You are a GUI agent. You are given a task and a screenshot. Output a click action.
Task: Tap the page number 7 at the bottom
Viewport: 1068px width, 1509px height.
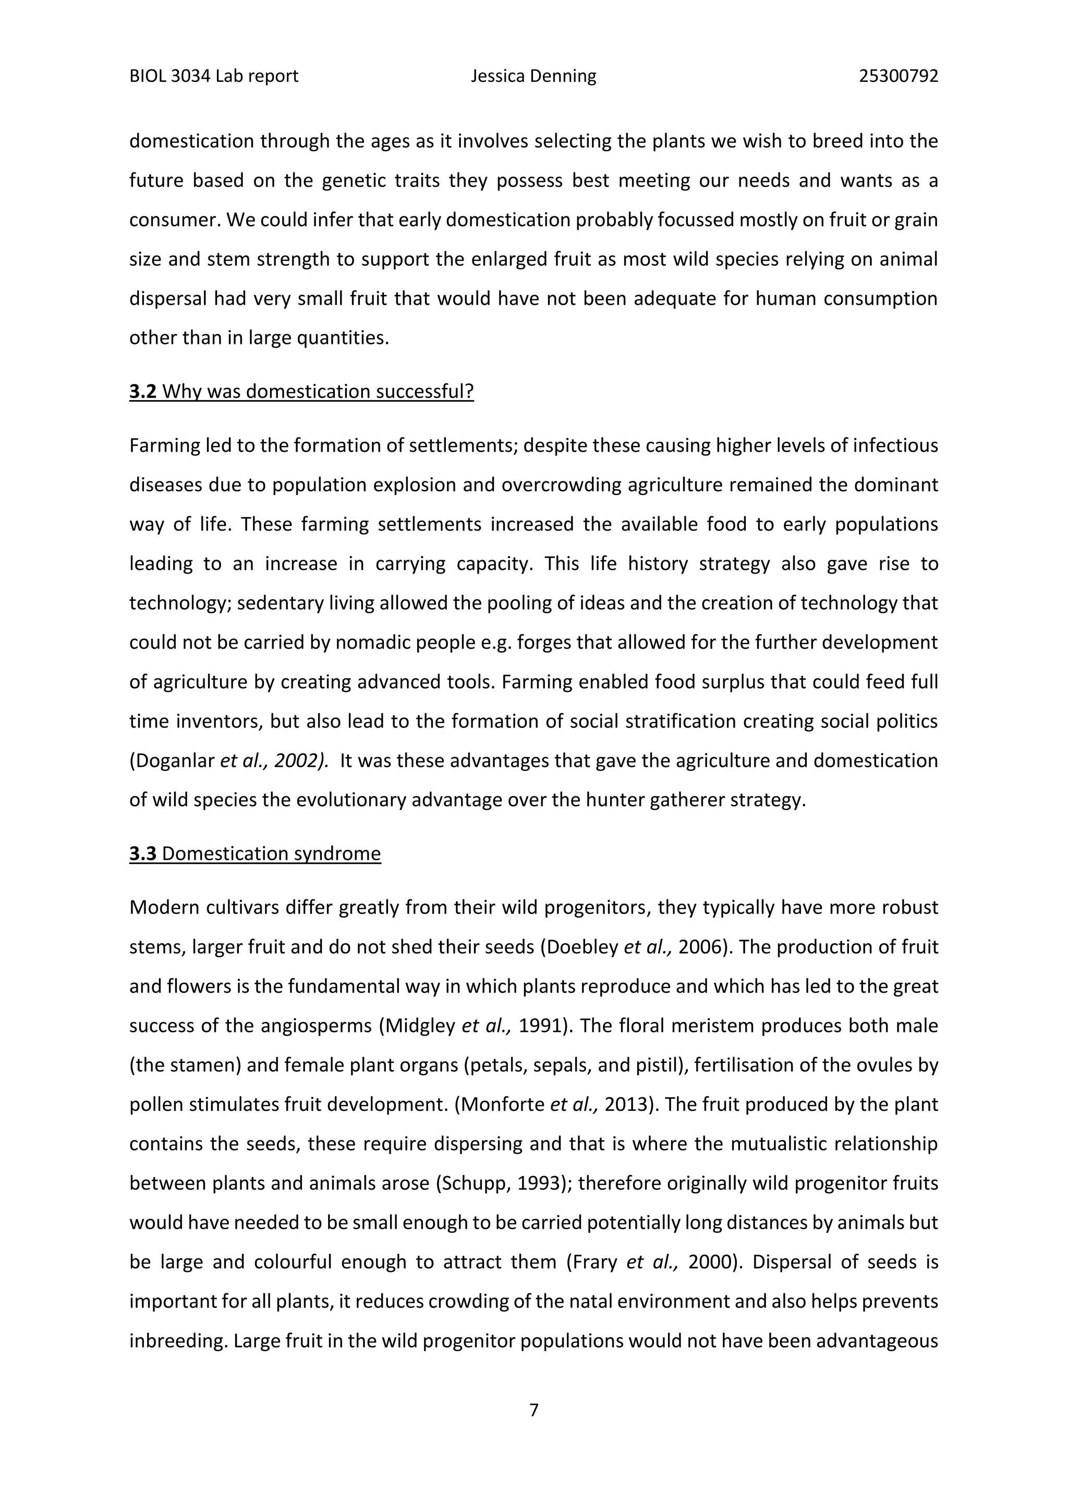coord(534,1410)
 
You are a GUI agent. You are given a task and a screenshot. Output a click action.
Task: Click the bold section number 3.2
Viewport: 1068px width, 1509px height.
coord(143,392)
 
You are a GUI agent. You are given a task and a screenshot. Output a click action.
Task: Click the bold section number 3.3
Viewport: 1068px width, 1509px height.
coord(143,854)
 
